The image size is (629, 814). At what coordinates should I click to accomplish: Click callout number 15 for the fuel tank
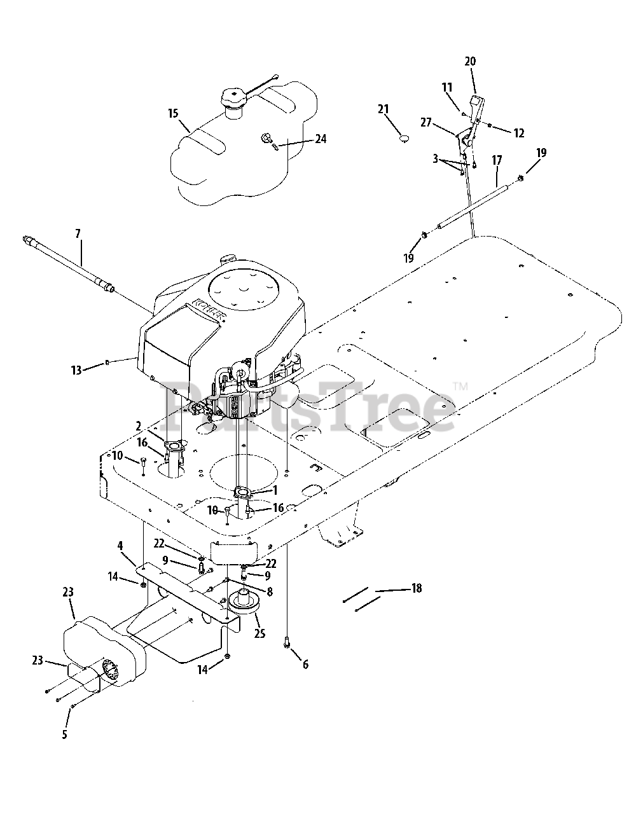[x=173, y=114]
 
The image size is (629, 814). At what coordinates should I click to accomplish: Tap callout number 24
[x=321, y=138]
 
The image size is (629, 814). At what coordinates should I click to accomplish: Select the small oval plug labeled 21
[x=402, y=136]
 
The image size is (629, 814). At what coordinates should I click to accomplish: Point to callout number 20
[x=470, y=62]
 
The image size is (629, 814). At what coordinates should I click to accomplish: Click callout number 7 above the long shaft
[x=78, y=234]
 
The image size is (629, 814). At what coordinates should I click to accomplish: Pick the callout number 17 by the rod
[x=497, y=162]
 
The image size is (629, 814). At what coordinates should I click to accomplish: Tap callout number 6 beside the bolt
[x=305, y=665]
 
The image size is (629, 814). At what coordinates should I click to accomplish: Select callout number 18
[x=417, y=588]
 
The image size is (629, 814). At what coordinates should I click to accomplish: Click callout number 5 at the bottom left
[x=64, y=735]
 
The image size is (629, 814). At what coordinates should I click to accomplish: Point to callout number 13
[x=76, y=370]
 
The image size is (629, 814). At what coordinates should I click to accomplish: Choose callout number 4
[x=120, y=545]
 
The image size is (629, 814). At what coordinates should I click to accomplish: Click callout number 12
[x=518, y=133]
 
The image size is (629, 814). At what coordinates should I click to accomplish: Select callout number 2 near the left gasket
[x=138, y=425]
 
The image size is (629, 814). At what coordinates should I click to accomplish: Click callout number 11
[x=447, y=87]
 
